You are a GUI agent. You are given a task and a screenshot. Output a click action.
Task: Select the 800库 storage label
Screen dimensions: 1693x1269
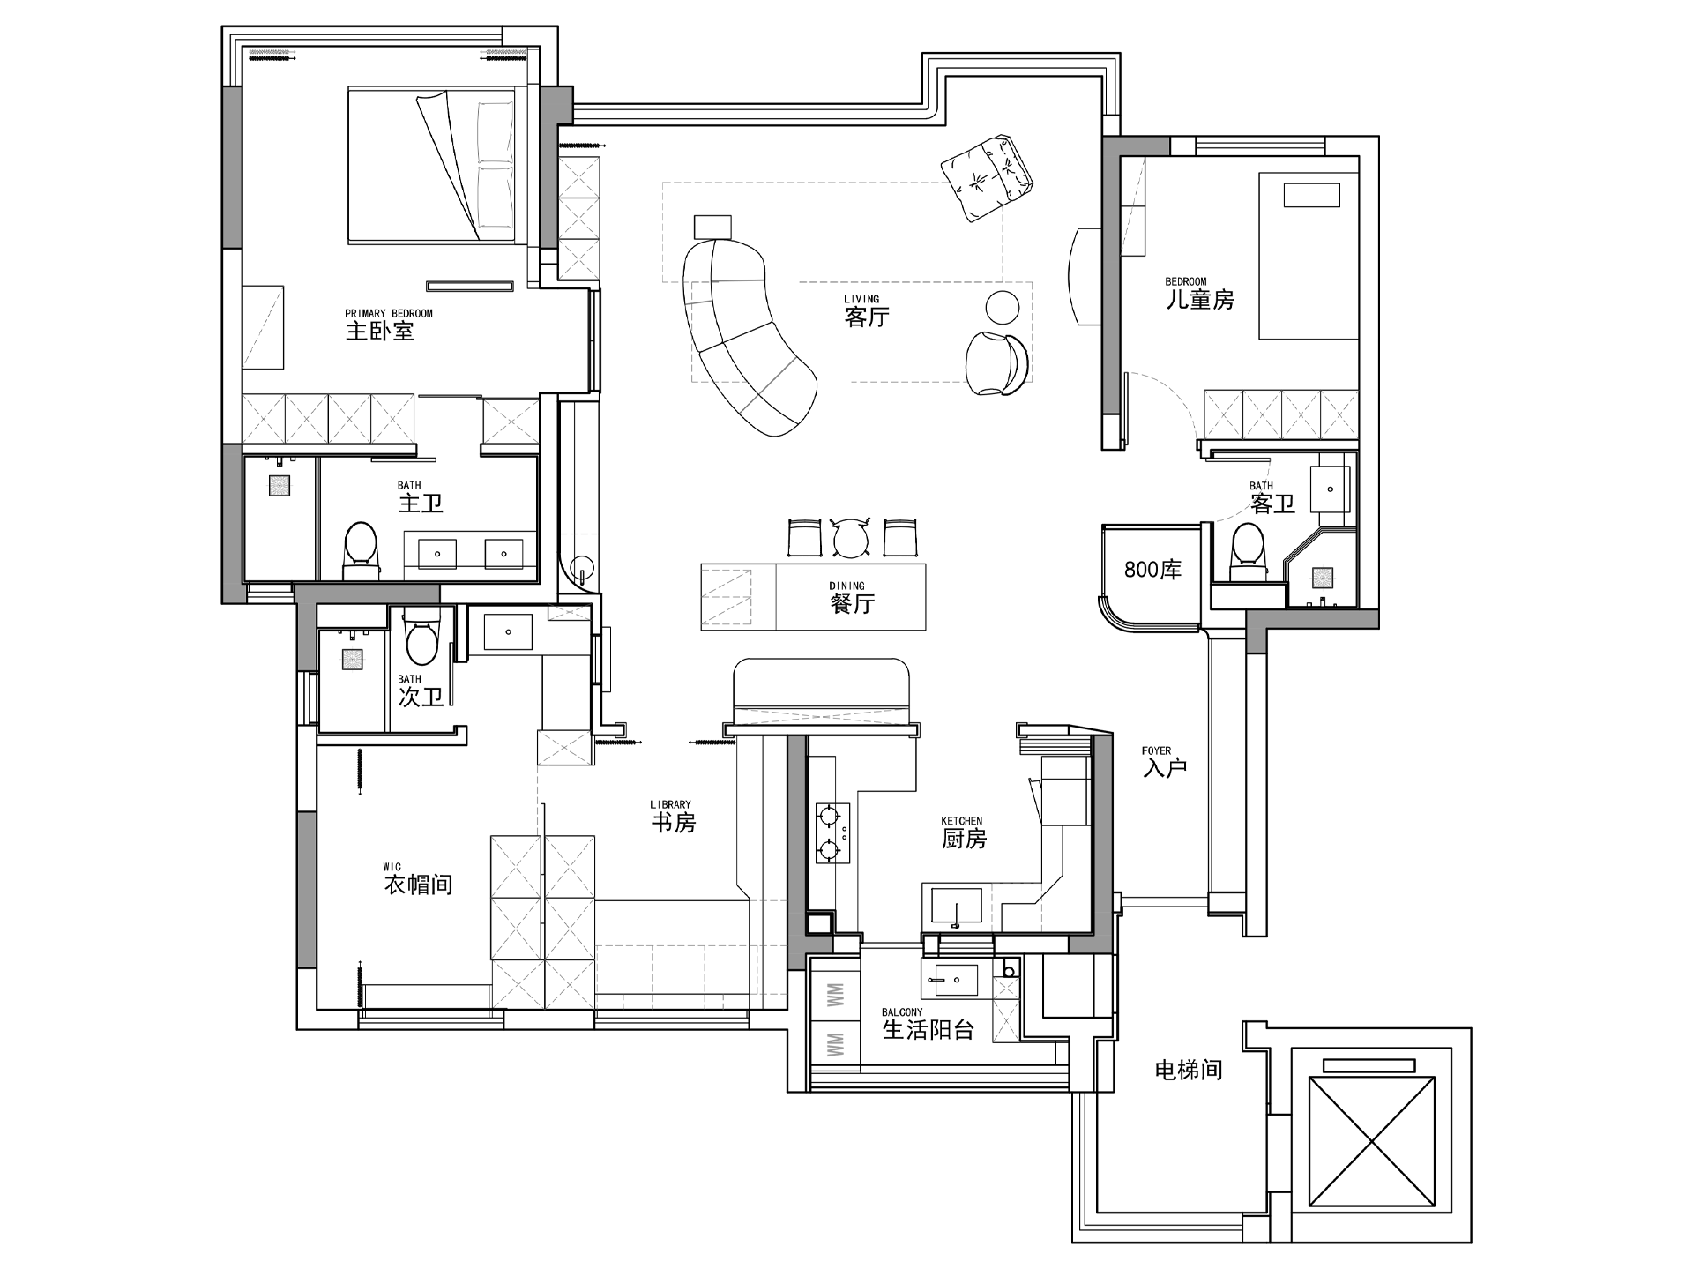[x=1152, y=570]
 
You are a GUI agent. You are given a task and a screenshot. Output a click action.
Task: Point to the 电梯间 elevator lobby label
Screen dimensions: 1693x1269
[x=1189, y=1071]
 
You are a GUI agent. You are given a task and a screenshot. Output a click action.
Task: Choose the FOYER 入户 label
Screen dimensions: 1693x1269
[x=1164, y=763]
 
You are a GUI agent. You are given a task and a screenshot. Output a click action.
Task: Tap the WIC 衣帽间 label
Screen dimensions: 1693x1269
[x=418, y=879]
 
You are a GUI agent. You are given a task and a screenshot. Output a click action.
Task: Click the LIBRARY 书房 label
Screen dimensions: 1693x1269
[x=673, y=817]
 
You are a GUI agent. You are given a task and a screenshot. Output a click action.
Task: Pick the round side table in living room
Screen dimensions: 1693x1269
[x=1002, y=308]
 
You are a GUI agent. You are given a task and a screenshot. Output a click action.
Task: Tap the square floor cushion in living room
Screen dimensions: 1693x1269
[x=987, y=178]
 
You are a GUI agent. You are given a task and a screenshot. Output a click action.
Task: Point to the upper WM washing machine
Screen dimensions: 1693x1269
[x=835, y=997]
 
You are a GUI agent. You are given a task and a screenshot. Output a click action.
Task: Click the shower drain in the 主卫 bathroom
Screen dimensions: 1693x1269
[x=280, y=487]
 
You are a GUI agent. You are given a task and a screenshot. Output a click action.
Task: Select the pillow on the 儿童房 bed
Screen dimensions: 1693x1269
[x=1311, y=195]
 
